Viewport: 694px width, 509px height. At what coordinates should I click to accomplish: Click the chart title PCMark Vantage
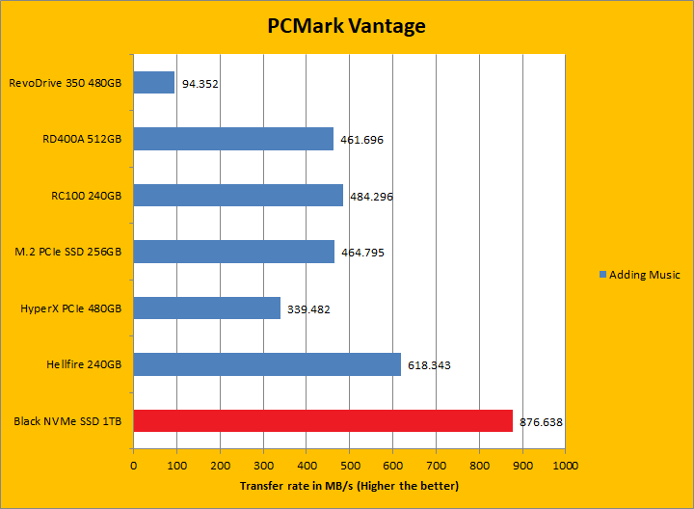346,26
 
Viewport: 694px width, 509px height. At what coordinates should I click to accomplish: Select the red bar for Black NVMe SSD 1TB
323,420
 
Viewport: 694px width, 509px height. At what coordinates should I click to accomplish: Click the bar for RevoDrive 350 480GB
154,83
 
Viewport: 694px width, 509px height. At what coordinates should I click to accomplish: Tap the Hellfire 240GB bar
267,364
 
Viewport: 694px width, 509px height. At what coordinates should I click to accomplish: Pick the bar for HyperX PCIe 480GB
206,308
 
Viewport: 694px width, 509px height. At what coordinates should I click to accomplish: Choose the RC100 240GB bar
238,195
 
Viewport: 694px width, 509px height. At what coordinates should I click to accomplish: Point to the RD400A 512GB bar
233,139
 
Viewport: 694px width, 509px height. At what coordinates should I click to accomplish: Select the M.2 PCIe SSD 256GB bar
233,252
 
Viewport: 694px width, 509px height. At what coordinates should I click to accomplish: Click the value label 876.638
542,422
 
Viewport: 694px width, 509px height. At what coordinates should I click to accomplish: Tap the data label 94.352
200,84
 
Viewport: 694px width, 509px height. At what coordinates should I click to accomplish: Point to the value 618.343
429,365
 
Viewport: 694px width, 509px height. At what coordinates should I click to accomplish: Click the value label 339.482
308,309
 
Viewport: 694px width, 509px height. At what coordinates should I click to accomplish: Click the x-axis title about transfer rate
349,486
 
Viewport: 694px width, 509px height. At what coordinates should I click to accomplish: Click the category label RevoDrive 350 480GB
66,83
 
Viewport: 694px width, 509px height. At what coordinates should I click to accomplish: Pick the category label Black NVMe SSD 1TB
68,421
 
